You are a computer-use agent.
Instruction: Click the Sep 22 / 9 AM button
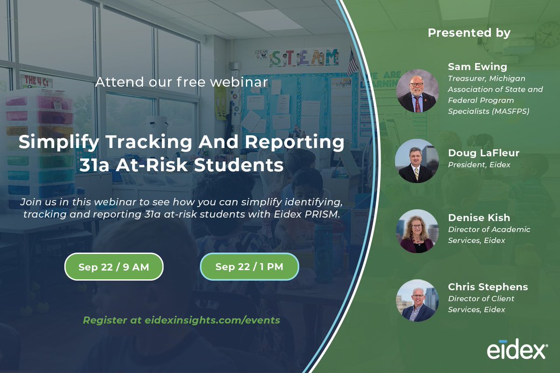coord(114,267)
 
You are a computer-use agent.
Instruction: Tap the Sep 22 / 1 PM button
coord(249,267)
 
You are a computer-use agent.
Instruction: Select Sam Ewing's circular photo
coord(417,91)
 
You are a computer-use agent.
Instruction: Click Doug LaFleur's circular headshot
coord(417,161)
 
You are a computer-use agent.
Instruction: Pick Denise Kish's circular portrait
coord(417,231)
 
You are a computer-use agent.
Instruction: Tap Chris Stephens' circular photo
coord(417,301)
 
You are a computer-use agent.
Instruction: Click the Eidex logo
coord(517,351)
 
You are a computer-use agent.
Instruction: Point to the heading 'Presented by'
coord(469,33)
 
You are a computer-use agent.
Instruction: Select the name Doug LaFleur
coord(483,153)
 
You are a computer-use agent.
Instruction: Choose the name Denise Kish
coord(479,218)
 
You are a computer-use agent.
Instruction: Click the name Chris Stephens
coord(488,287)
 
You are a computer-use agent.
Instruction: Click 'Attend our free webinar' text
coord(182,83)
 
